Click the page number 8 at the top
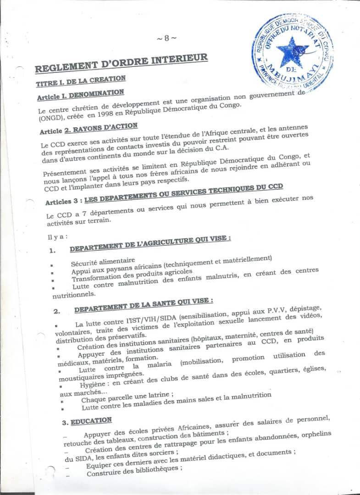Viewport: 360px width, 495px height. click(x=166, y=38)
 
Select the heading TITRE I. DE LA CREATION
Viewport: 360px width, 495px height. click(x=81, y=81)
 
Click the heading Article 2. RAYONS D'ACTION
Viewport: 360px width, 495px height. click(x=89, y=128)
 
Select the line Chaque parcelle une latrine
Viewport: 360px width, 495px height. click(x=127, y=398)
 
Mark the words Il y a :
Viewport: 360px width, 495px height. click(x=57, y=237)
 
